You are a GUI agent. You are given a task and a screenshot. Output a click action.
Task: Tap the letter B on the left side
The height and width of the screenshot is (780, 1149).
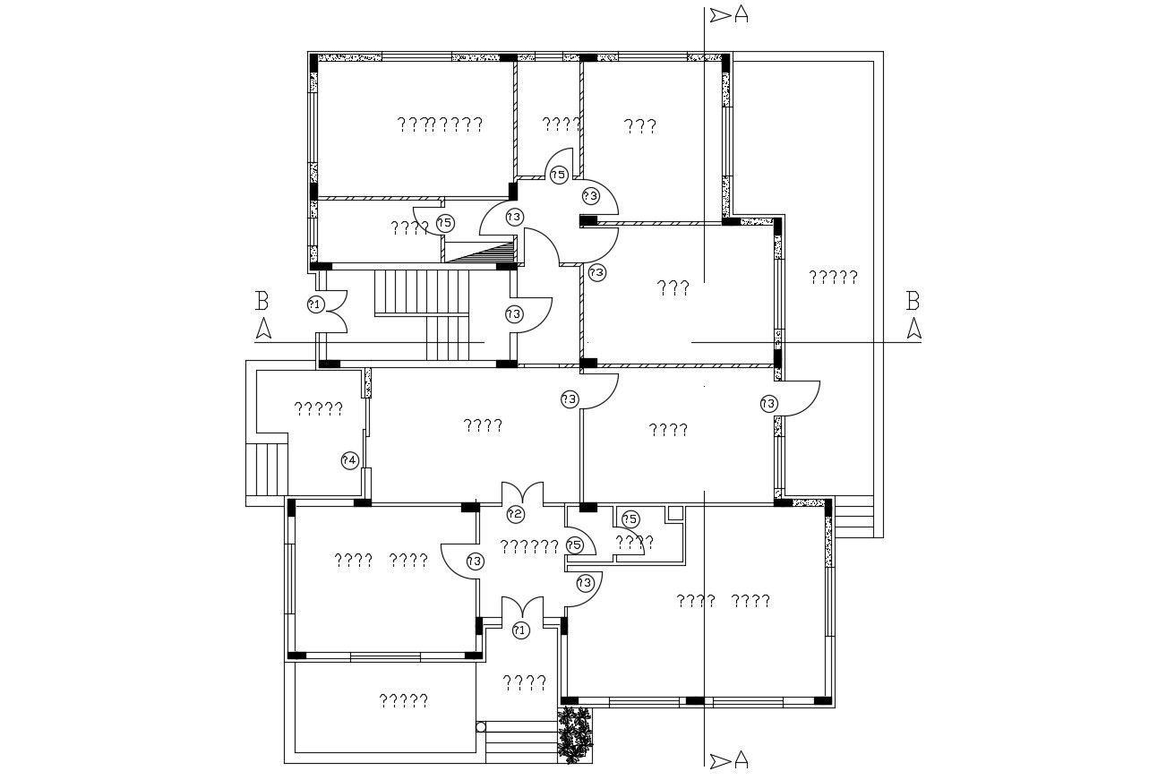coord(262,300)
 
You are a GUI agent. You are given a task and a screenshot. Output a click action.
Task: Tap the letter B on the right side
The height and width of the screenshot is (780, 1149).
coord(913,300)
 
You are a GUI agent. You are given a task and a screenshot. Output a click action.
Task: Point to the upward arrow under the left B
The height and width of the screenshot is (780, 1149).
coord(263,329)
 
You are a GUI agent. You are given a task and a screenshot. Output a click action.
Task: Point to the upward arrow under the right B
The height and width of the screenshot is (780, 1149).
coord(913,329)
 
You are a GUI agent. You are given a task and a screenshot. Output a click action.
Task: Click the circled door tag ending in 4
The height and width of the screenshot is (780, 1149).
coord(350,460)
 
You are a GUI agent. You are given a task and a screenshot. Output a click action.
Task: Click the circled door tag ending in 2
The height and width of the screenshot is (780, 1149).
coord(515,514)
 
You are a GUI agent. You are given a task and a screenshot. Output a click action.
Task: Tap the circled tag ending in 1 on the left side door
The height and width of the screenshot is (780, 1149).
coord(314,304)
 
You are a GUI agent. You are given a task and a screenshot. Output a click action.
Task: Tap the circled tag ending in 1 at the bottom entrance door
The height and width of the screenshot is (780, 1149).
coord(520,630)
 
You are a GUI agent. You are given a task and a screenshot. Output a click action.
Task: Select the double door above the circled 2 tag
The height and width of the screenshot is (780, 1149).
coord(522,493)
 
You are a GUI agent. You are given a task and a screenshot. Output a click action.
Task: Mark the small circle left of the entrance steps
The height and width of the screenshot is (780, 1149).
coord(480,727)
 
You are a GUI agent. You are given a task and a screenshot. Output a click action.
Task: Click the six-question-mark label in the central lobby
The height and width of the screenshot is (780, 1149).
coord(528,546)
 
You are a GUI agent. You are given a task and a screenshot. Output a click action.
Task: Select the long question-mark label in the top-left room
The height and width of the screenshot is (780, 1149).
coord(440,124)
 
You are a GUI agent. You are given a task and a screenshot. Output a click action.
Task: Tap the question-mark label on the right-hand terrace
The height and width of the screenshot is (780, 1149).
coord(833,277)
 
